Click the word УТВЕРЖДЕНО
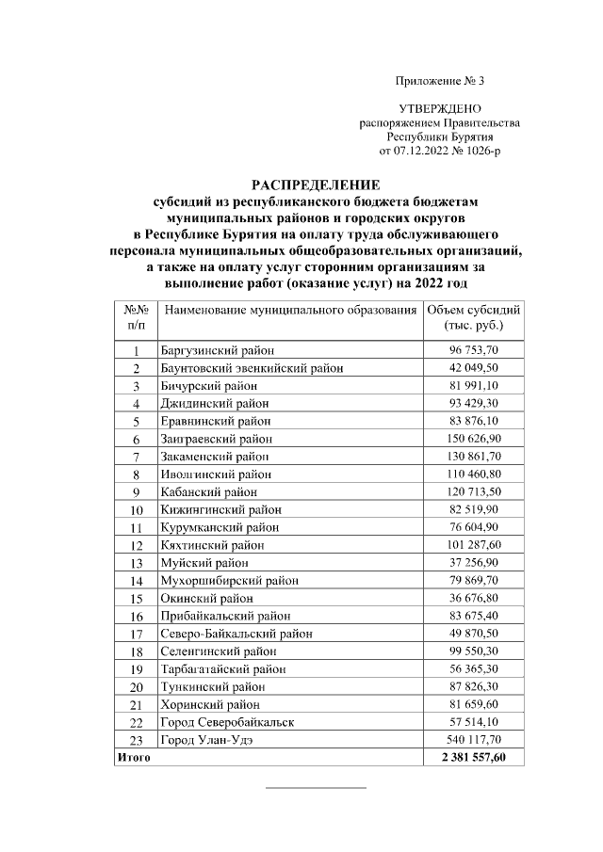[440, 110]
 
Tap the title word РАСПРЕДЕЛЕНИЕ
[316, 185]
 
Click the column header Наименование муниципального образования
[289, 310]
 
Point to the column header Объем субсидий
[474, 310]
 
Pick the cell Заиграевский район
[217, 439]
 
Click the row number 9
[136, 492]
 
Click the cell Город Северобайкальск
[227, 722]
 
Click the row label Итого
[133, 757]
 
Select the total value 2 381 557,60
[472, 757]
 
